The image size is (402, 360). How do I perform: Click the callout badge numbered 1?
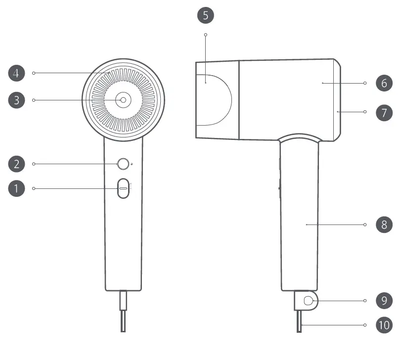(x=16, y=188)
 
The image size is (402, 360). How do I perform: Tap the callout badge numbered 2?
(x=16, y=164)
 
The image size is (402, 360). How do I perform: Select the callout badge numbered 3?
(x=16, y=100)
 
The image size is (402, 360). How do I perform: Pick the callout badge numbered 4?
(x=16, y=73)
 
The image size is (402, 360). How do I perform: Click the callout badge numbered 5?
(x=206, y=15)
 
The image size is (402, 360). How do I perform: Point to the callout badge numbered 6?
(x=384, y=83)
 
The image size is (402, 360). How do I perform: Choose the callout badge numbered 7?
(x=384, y=112)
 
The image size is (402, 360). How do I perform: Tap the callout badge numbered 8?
(x=384, y=225)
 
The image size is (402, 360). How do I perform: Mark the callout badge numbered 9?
(x=384, y=300)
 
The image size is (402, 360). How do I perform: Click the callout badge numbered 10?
(x=384, y=325)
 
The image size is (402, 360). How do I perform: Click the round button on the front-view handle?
(x=123, y=164)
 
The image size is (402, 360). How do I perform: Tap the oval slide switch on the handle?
(x=123, y=188)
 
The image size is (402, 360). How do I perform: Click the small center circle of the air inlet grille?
(x=123, y=100)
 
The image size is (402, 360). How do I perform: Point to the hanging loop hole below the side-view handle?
(x=308, y=300)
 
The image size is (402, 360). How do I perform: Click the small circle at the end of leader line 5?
(x=206, y=35)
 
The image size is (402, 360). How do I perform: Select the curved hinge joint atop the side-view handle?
(x=301, y=137)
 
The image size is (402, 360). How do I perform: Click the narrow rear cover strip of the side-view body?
(x=336, y=99)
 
